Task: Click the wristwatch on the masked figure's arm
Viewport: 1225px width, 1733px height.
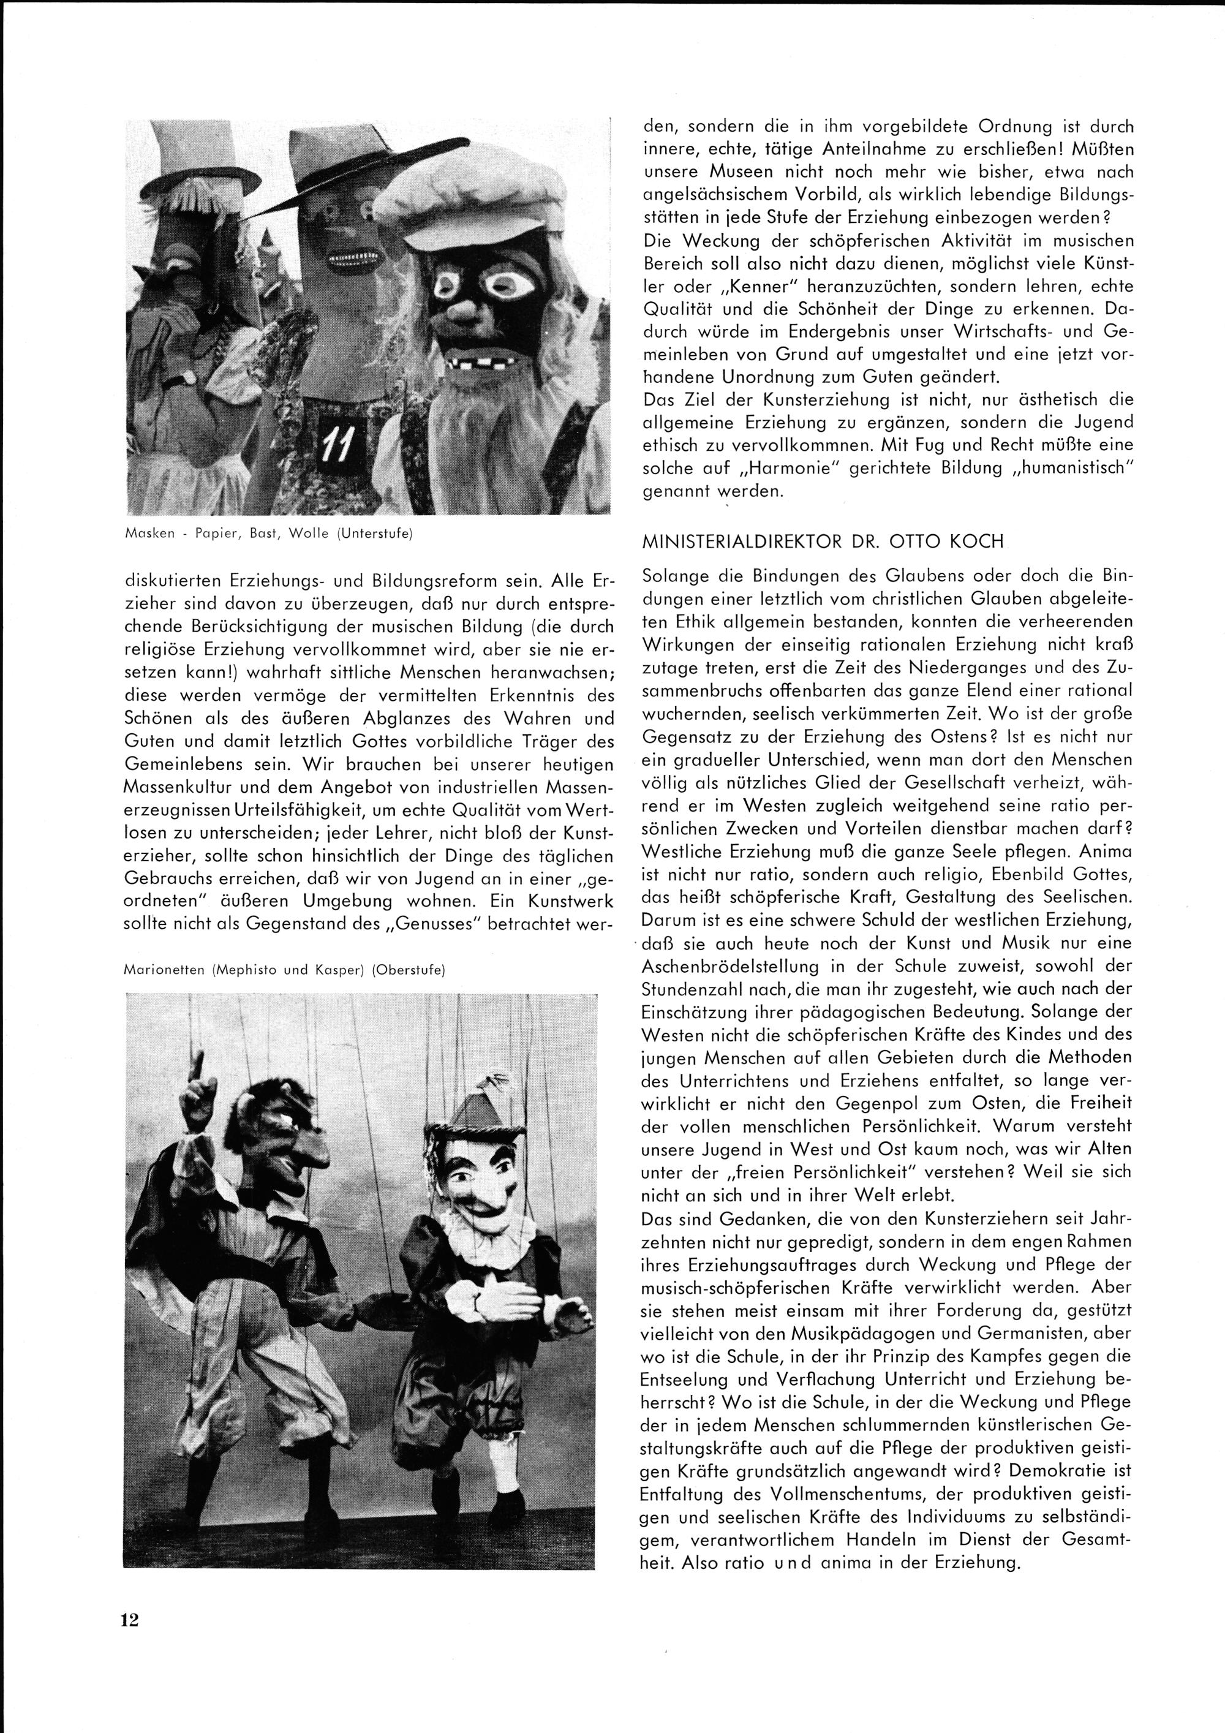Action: (186, 380)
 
